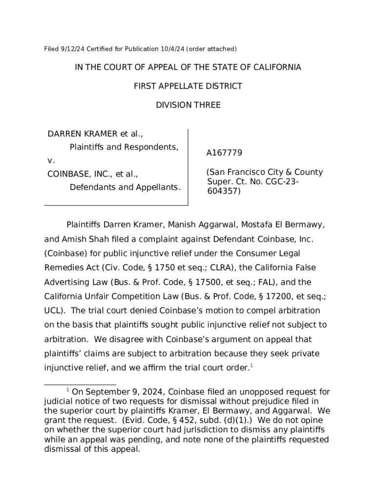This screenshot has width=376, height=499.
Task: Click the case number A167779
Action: (224, 153)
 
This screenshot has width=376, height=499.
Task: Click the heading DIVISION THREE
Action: (188, 105)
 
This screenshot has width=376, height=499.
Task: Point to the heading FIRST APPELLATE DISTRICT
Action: (188, 86)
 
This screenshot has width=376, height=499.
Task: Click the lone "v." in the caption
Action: (50, 160)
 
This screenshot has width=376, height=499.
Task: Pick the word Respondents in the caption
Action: (153, 147)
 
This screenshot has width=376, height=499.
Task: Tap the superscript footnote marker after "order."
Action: (251, 365)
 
